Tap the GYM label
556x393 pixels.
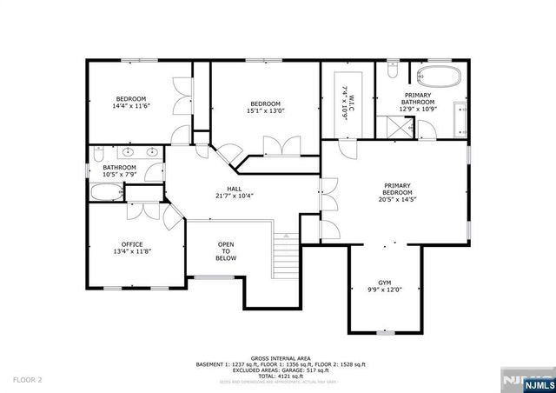(x=384, y=283)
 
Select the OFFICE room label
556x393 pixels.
(x=132, y=244)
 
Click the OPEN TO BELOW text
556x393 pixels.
(x=226, y=251)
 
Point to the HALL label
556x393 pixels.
(x=234, y=189)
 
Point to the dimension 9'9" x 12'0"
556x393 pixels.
(x=384, y=289)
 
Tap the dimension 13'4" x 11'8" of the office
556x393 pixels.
(x=132, y=251)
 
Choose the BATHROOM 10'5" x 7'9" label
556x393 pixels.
(x=120, y=170)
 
